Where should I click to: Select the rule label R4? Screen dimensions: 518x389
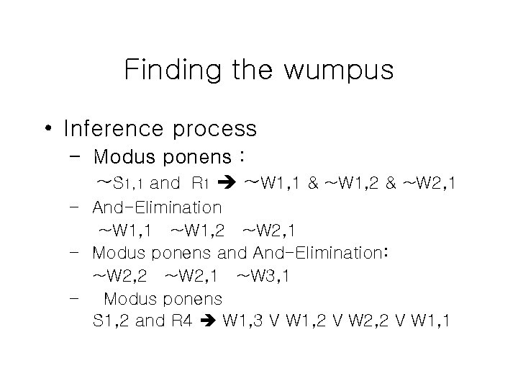pyautogui.click(x=181, y=321)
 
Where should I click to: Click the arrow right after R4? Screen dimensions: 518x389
pyautogui.click(x=209, y=321)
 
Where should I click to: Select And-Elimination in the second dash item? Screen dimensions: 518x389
pyautogui.click(x=157, y=208)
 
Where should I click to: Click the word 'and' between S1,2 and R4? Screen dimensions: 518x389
pyautogui.click(x=150, y=321)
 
